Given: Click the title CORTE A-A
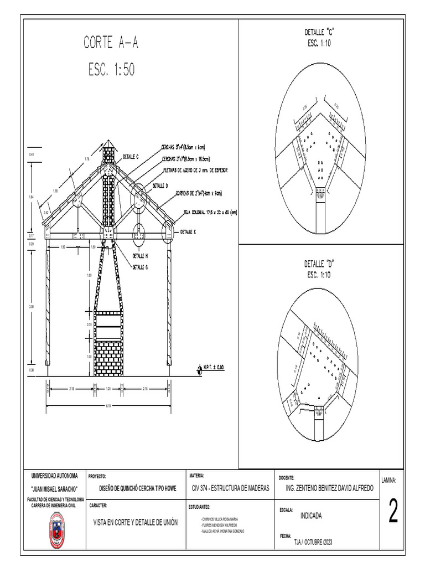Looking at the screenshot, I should pyautogui.click(x=111, y=43).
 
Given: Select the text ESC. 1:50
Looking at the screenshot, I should pyautogui.click(x=111, y=70).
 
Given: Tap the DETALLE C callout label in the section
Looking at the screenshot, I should pyautogui.click(x=131, y=157).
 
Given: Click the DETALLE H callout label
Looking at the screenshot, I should pyautogui.click(x=140, y=256).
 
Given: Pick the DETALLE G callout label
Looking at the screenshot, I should pyautogui.click(x=140, y=267).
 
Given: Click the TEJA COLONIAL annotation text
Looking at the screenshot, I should pyautogui.click(x=210, y=212).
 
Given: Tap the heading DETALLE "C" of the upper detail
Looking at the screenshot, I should pyautogui.click(x=320, y=33).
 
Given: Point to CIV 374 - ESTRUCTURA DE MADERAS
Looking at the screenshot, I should pyautogui.click(x=230, y=488).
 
